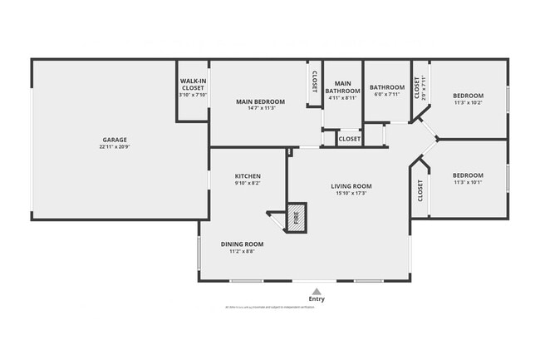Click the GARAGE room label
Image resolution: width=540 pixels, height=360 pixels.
pos(115,140)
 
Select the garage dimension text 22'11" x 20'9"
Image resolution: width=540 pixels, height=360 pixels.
pos(115,147)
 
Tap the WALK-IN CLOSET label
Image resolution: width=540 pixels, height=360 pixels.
pos(193,84)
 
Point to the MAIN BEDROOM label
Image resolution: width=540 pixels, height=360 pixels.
pos(260,101)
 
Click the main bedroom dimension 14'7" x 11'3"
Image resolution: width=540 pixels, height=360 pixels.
pos(260,109)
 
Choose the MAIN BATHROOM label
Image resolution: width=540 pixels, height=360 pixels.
pos(343,87)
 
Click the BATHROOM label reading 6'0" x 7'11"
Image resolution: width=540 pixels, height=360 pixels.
pos(386,87)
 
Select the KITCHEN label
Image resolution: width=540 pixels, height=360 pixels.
pos(248,176)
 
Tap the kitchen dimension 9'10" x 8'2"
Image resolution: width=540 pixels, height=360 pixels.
pos(248,184)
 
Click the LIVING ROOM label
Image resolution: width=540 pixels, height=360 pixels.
pos(353,186)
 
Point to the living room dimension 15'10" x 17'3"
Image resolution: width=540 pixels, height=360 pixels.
pos(353,194)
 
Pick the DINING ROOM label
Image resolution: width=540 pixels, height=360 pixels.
pos(242,244)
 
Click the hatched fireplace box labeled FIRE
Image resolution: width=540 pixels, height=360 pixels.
pos(297,218)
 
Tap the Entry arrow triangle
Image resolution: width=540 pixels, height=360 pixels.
pos(316,291)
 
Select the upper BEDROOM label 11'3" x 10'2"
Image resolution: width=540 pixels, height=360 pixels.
pos(468,96)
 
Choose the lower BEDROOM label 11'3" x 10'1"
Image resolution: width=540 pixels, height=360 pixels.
pos(468,175)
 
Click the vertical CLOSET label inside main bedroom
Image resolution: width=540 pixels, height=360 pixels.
pos(314,81)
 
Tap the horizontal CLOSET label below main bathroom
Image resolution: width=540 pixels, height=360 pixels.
pos(350,139)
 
